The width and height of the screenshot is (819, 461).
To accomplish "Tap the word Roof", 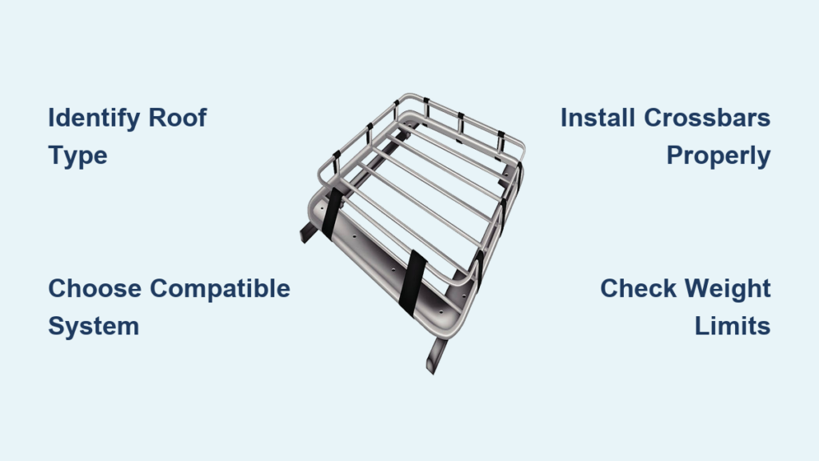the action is click(178, 118).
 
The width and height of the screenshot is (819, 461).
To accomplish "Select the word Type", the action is click(78, 157).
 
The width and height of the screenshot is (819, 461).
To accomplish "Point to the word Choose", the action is click(94, 288).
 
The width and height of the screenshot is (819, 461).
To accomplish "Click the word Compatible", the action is click(220, 288).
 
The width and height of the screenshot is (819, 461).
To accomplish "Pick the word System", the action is click(94, 327).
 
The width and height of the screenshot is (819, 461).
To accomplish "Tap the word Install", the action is click(597, 118).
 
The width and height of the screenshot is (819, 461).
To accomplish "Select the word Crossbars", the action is click(707, 118).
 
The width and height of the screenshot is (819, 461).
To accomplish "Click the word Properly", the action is click(719, 157).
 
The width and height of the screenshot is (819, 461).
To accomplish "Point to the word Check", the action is click(638, 288).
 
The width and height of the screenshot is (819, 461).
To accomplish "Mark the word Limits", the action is click(733, 326).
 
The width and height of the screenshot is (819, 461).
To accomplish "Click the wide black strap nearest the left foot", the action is click(332, 213).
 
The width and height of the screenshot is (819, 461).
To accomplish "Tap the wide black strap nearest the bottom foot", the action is click(413, 283).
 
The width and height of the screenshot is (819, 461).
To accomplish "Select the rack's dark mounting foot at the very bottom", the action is click(437, 356).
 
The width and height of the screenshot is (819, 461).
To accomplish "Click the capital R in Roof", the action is click(158, 118).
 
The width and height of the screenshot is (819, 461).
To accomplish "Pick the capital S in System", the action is click(58, 327).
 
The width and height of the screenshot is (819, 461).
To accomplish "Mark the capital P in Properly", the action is click(676, 155).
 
